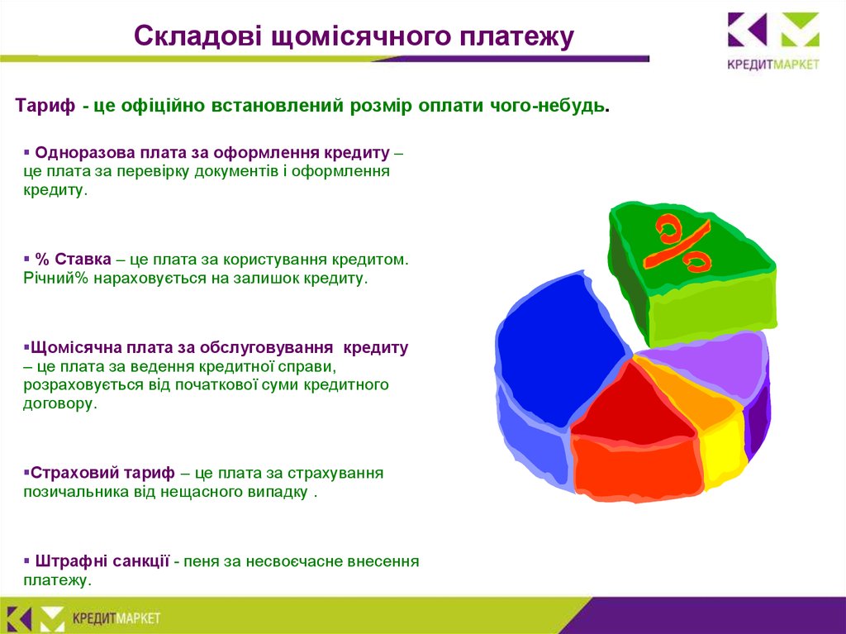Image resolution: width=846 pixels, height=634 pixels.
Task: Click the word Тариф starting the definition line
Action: pos(45,105)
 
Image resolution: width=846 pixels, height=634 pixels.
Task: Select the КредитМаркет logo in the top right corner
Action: pos(773,41)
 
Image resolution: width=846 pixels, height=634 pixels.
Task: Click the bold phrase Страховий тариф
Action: pos(102,473)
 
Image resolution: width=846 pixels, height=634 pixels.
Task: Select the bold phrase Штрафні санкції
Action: pos(102,561)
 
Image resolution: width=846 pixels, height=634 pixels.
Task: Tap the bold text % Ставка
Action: pos(74,260)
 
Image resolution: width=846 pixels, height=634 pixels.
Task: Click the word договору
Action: pos(59,404)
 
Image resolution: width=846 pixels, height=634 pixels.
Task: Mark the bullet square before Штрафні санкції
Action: pos(27,561)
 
